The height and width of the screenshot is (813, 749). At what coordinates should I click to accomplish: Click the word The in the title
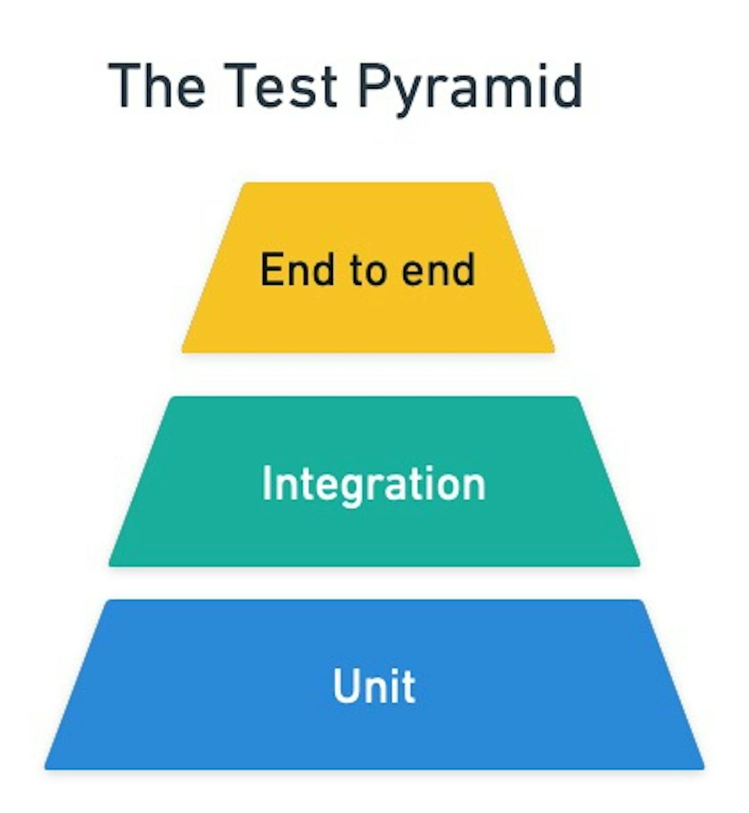[157, 86]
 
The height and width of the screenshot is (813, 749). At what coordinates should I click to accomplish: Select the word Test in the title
[281, 86]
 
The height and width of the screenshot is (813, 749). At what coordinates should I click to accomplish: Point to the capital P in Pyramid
[374, 86]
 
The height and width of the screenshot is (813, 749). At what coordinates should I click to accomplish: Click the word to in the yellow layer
[367, 270]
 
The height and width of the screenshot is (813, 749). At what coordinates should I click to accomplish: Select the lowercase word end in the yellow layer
[439, 270]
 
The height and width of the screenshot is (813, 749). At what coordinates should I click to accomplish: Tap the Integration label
[374, 484]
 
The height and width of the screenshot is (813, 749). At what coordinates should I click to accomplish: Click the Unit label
[374, 685]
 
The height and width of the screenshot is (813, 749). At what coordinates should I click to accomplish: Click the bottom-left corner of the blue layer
[47, 767]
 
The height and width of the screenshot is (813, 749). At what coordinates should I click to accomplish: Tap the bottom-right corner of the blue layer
[702, 767]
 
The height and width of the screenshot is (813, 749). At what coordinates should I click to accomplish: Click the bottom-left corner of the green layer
[111, 564]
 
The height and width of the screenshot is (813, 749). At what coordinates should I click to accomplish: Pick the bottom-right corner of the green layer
[637, 564]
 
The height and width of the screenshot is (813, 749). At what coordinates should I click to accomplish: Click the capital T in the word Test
[238, 86]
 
